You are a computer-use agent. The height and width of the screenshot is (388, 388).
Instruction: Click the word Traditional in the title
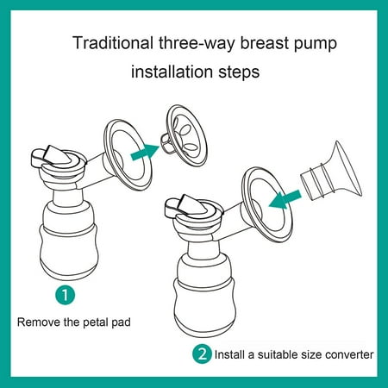tap(113, 43)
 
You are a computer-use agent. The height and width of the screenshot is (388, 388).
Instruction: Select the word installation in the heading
tap(172, 72)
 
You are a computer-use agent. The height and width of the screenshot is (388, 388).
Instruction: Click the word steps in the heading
tap(239, 72)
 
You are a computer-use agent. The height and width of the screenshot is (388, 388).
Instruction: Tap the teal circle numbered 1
tap(66, 295)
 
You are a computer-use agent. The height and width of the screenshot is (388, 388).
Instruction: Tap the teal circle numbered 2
tap(202, 354)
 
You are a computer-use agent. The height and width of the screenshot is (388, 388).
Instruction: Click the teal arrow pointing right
tap(144, 152)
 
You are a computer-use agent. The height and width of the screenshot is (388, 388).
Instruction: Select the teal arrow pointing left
tap(285, 199)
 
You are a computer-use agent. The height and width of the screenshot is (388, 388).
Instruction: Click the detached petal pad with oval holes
tap(184, 135)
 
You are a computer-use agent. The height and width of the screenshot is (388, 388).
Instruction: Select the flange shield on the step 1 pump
tap(128, 155)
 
